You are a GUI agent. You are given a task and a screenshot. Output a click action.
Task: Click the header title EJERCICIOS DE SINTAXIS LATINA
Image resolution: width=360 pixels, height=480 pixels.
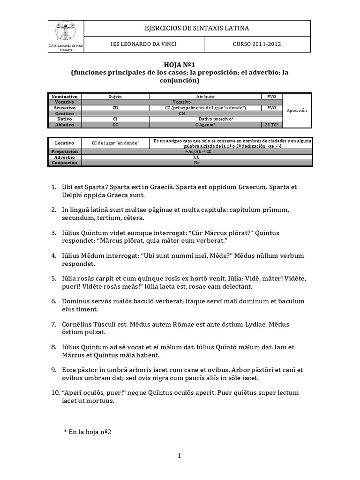click(x=197, y=28)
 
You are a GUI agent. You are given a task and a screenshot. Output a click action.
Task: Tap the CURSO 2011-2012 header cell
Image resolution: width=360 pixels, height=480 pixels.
click(x=256, y=45)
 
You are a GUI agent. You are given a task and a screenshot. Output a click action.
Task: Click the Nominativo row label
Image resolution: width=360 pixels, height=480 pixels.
click(x=65, y=96)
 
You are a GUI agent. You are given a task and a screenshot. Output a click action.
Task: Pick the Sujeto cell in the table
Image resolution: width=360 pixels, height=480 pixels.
click(x=115, y=96)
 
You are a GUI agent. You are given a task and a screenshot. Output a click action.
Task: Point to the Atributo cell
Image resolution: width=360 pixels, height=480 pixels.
click(x=205, y=96)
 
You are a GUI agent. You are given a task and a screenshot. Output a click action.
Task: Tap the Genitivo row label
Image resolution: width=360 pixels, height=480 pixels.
click(x=65, y=113)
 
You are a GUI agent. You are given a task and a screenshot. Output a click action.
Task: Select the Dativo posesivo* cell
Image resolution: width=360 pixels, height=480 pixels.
click(x=205, y=119)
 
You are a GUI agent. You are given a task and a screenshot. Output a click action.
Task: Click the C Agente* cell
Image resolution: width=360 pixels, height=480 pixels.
click(x=205, y=125)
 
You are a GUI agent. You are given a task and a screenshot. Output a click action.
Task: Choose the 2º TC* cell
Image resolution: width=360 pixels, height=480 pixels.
click(x=272, y=125)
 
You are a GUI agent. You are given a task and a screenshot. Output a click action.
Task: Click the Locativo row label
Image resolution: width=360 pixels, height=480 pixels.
click(x=65, y=142)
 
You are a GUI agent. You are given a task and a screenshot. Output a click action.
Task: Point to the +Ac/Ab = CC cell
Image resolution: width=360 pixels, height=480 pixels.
click(x=196, y=151)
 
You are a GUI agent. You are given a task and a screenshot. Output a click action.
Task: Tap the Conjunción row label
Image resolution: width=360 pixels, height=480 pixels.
click(x=65, y=163)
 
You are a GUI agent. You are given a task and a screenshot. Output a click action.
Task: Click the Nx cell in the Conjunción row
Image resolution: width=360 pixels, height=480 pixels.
click(x=196, y=163)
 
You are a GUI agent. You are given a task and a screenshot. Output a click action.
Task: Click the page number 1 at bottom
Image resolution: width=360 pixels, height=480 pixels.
click(x=180, y=455)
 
